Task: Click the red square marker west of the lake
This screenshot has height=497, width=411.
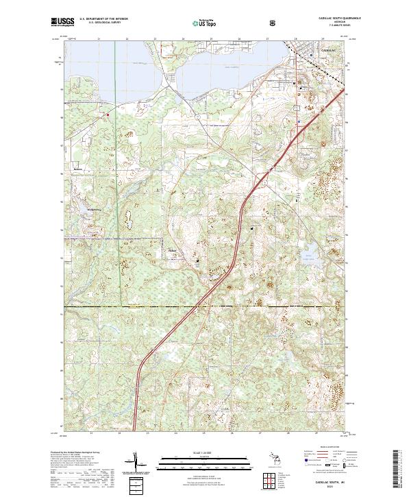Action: [x=108, y=114]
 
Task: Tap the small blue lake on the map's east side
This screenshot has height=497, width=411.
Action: [x=310, y=258]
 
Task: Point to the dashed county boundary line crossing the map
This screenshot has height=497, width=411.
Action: [x=206, y=306]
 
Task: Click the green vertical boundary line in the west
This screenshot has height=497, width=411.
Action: [x=116, y=206]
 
